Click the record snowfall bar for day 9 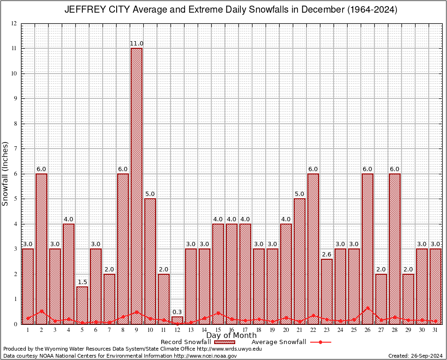click(x=136, y=187)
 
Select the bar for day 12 click(x=177, y=320)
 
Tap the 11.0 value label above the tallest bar click(x=136, y=44)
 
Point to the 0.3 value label click(x=177, y=312)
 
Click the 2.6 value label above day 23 click(x=327, y=255)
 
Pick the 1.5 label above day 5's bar click(x=82, y=282)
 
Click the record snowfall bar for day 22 click(x=313, y=248)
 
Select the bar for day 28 click(x=395, y=248)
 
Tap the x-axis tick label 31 click(x=435, y=330)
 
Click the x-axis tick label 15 click(x=218, y=330)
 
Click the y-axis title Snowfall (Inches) click(x=6, y=173)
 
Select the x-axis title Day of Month click(x=231, y=336)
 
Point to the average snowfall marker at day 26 click(x=367, y=308)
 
